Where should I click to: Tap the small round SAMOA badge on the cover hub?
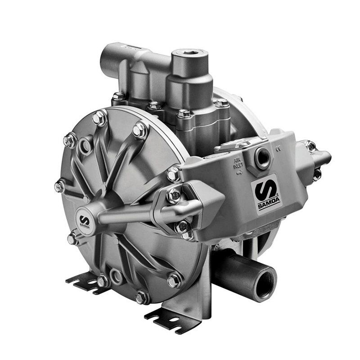(x=85, y=220)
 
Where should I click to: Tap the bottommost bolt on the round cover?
(x=141, y=297)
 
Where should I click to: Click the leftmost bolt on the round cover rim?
(x=59, y=185)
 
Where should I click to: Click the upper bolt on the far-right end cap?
(x=310, y=145)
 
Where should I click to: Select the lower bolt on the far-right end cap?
(x=317, y=174)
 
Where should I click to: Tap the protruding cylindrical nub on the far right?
(x=325, y=157)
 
